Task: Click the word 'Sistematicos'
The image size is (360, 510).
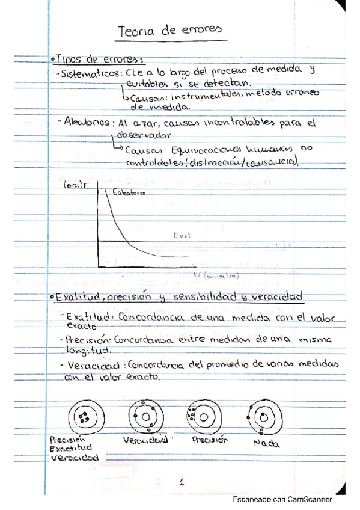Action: (x=89, y=73)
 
